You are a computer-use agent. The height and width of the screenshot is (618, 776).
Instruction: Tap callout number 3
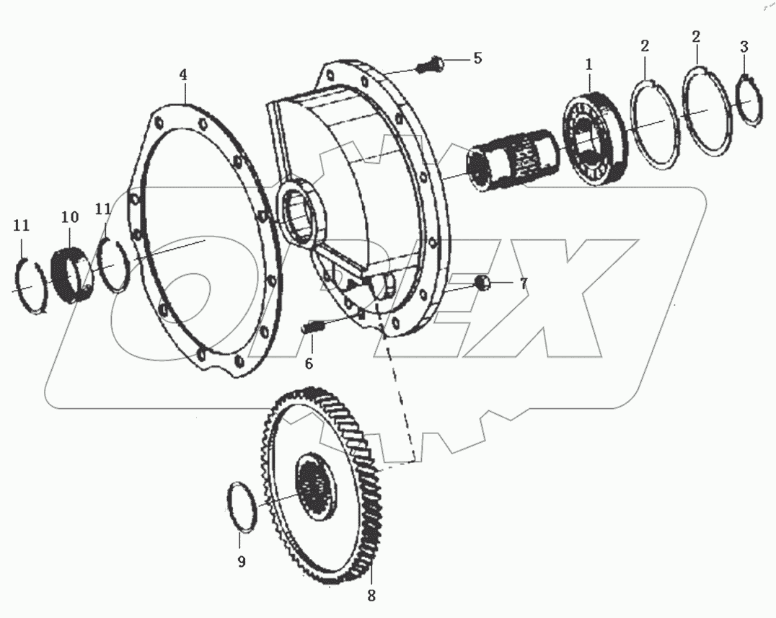(744, 47)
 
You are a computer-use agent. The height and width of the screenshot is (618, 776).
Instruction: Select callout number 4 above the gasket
(183, 74)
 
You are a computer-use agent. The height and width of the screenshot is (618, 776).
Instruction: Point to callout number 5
(477, 59)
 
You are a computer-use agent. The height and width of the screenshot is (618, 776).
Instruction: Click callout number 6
(308, 363)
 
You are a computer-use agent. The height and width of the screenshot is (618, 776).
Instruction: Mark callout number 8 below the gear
(371, 596)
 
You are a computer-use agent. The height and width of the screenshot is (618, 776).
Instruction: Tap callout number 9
(242, 561)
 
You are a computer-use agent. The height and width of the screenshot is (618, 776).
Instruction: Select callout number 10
(69, 216)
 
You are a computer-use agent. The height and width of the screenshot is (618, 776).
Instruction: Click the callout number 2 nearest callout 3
(696, 37)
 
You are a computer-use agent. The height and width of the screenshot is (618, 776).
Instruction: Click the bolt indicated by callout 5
(430, 66)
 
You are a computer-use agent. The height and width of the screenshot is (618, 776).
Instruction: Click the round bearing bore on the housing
(302, 216)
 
